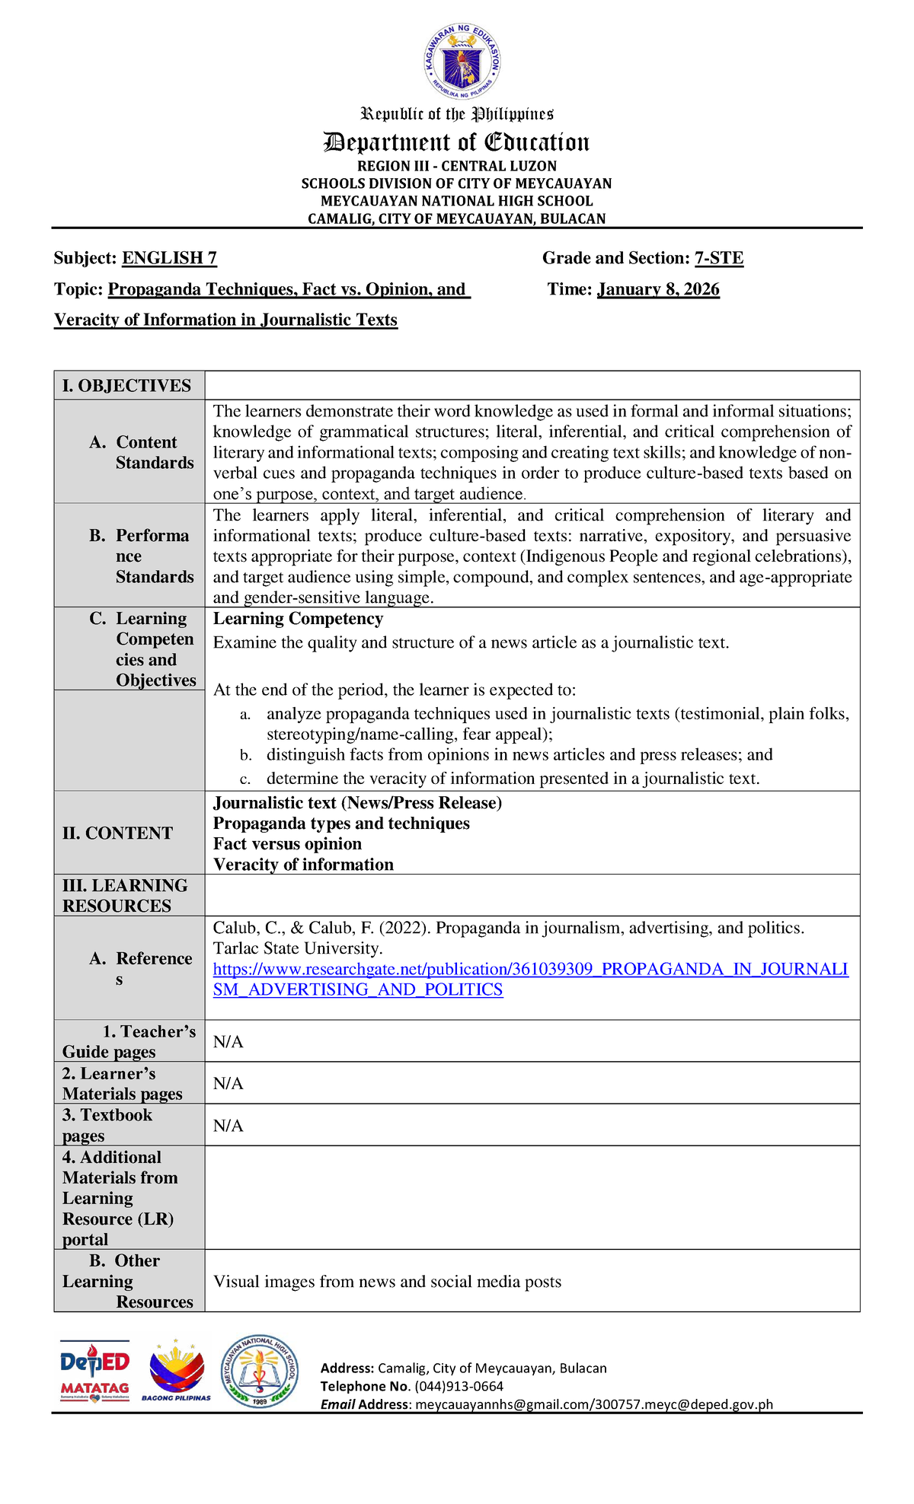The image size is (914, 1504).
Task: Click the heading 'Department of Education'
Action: point(456,142)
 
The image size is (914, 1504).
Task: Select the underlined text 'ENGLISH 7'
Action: point(169,258)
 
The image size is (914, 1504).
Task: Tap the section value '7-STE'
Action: point(718,258)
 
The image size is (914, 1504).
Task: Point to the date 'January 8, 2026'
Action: point(658,289)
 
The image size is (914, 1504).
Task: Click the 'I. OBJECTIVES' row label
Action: point(126,386)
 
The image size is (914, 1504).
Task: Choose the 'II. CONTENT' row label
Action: point(117,833)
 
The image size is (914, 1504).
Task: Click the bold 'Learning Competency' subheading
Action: point(298,619)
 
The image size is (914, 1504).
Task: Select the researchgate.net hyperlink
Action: point(530,979)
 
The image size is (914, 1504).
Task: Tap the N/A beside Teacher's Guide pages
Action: point(228,1042)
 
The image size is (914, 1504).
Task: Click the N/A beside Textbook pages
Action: point(228,1126)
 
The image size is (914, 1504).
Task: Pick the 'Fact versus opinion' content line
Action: point(287,843)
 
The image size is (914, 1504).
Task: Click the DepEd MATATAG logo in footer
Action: point(94,1371)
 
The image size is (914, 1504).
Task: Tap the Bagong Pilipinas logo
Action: point(176,1371)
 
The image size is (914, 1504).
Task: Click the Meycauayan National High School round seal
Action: point(259,1371)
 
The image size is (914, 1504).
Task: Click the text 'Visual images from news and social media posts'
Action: point(387,1282)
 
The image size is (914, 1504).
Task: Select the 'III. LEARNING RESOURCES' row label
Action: point(125,895)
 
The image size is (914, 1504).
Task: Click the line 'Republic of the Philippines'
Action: point(456,114)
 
